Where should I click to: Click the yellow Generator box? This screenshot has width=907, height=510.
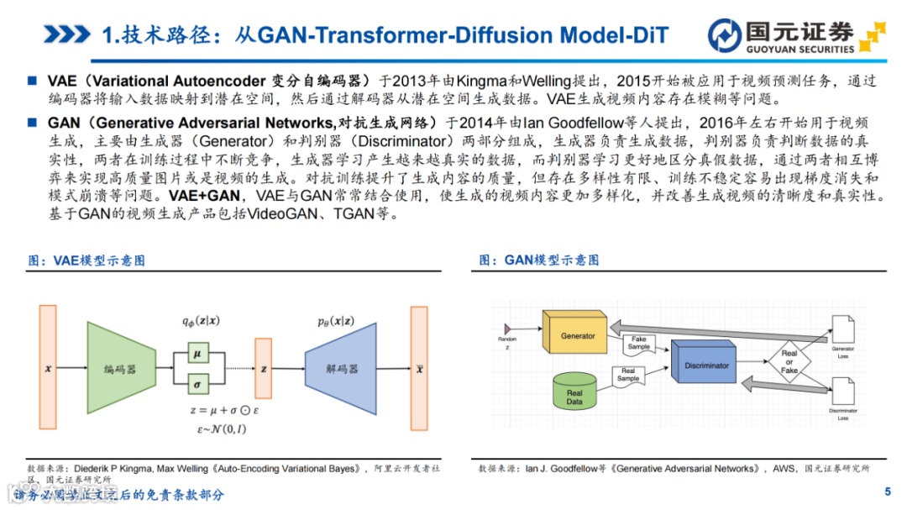tap(578, 334)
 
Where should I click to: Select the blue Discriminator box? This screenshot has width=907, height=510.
tap(708, 365)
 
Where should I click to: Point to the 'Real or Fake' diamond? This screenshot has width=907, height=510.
tap(789, 362)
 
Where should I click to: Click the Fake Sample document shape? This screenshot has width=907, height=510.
tap(639, 343)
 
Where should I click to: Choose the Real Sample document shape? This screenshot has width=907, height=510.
tap(627, 375)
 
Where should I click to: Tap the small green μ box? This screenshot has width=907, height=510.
tap(197, 354)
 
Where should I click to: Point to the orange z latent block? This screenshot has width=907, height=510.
tap(264, 368)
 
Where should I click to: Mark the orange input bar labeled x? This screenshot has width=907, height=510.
tap(47, 368)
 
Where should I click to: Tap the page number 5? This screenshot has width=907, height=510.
tap(888, 492)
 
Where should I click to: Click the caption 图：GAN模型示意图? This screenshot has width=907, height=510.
tap(539, 260)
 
